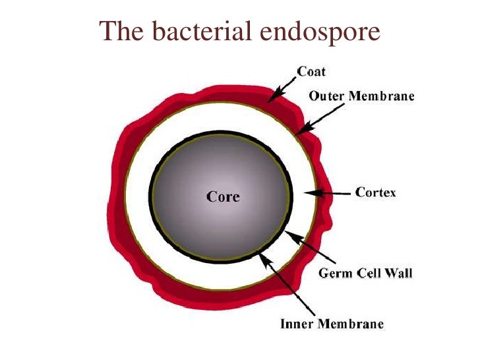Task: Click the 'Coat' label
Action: pyautogui.click(x=311, y=71)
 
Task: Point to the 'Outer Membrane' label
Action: pyautogui.click(x=362, y=96)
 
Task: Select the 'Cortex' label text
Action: pyautogui.click(x=376, y=193)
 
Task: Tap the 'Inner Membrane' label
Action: pyautogui.click(x=332, y=324)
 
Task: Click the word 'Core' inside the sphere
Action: pyautogui.click(x=223, y=196)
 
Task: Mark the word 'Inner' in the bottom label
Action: pyautogui.click(x=296, y=324)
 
